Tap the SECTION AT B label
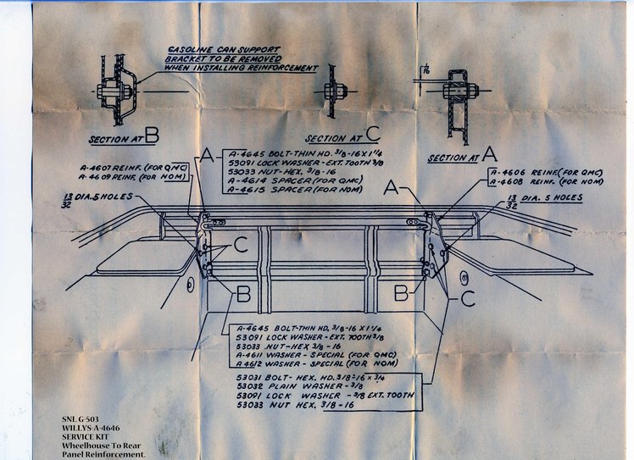[x=124, y=136]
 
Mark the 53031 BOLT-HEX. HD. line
[x=297, y=373]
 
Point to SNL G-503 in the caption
[x=80, y=418]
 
